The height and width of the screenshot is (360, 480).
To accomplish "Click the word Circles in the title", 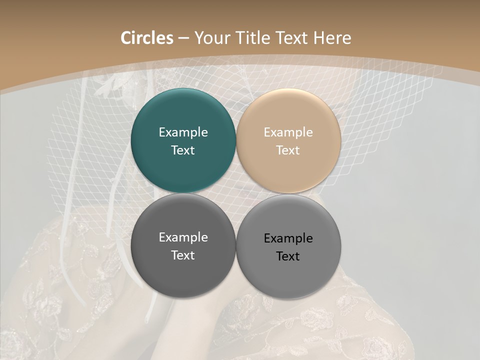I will coord(147,38).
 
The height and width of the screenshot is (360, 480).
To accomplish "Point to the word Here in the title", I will coord(332,38).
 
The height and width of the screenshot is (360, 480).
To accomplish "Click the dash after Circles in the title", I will coord(183,38).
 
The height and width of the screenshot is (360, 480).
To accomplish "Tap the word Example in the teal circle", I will coord(183,132).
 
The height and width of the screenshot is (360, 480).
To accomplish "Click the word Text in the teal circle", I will coord(183,150).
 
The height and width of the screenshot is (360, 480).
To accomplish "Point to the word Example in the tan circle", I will coord(288,132).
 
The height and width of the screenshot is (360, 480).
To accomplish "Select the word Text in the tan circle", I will coord(288,150).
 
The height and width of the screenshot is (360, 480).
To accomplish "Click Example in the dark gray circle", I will coord(183,237).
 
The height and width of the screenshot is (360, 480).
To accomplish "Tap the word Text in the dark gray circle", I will coord(183,255).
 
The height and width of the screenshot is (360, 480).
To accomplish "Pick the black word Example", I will coord(288,238).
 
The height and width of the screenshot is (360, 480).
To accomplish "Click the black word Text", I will coord(288,256).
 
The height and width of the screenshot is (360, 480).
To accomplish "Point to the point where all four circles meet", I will coord(236,193).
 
